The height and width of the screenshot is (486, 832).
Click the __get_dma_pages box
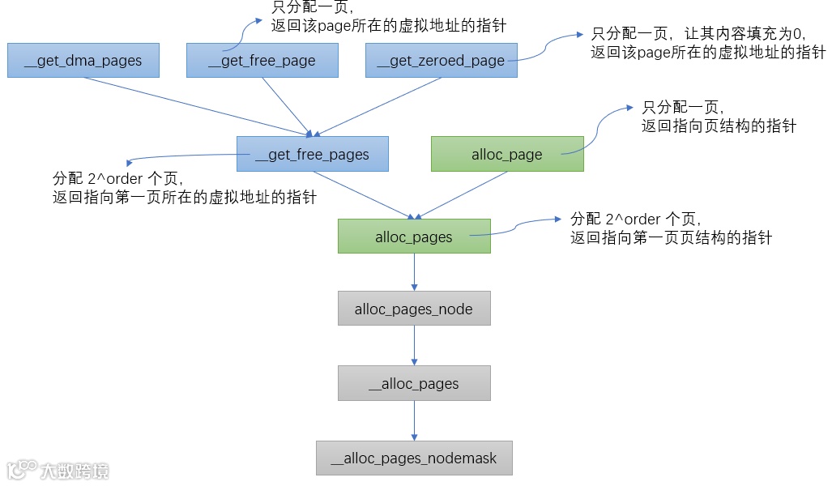click(x=83, y=61)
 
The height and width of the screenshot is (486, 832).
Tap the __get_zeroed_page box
click(x=441, y=61)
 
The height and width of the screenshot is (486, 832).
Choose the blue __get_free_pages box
click(x=312, y=154)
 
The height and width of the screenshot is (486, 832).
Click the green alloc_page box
click(x=507, y=154)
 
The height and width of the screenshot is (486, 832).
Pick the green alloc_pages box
click(x=414, y=237)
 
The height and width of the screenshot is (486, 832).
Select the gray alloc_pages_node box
click(x=414, y=309)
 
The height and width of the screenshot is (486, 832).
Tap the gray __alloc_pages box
click(x=414, y=383)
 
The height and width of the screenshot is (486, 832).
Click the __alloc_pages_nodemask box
click(x=414, y=458)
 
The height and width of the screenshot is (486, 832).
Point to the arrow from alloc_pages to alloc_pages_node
click(x=414, y=272)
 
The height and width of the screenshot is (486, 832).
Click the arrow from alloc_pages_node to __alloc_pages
click(x=414, y=346)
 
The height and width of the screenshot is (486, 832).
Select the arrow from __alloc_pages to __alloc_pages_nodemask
click(x=414, y=420)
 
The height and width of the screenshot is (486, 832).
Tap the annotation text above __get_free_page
click(x=389, y=18)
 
